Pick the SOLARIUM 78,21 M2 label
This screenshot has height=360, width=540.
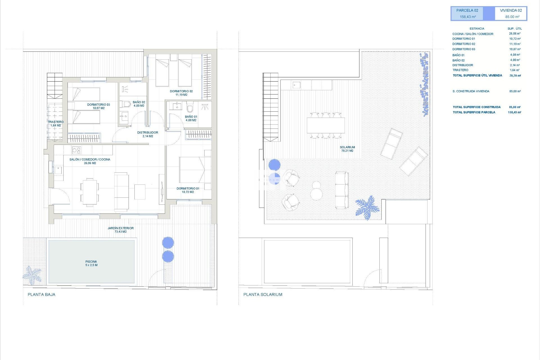[x=347, y=149]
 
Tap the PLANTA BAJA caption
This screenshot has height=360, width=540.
[x=42, y=294]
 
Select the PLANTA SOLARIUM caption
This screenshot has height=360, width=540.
[x=263, y=294]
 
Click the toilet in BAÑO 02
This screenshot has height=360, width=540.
[x=125, y=104]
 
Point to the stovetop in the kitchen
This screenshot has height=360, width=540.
[x=76, y=150]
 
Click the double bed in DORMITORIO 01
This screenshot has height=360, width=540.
[x=195, y=170]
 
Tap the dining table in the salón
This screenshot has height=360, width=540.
[x=90, y=192]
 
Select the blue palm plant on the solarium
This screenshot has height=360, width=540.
[x=367, y=208]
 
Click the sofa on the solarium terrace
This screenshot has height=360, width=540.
[x=342, y=190]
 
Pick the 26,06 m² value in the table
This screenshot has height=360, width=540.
[x=515, y=34]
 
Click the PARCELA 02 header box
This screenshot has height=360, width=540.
[x=467, y=13]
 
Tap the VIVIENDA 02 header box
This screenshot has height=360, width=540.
[x=511, y=13]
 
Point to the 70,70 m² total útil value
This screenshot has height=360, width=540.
[x=515, y=76]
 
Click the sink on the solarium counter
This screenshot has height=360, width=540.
[x=296, y=85]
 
